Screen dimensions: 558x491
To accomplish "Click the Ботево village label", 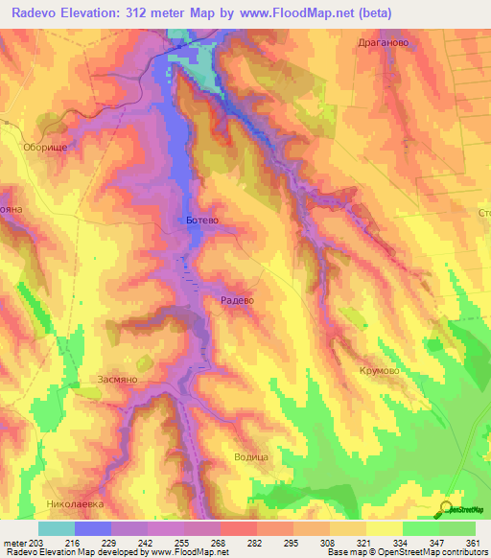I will (x=202, y=221).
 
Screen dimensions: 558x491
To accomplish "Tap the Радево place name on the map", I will (x=236, y=300).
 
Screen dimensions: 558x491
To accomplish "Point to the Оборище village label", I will (x=42, y=149).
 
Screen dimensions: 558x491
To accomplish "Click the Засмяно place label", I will (x=119, y=380).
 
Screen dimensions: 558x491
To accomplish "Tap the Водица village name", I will (x=250, y=457).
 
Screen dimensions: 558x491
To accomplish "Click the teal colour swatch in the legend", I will (x=57, y=528).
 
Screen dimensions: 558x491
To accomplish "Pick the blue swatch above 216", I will (x=93, y=528).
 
